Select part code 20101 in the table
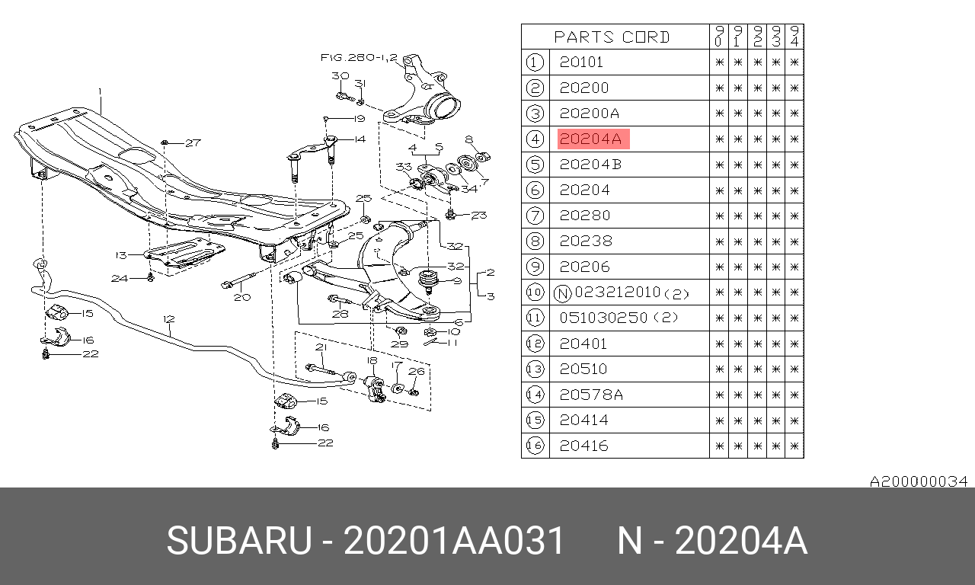(581, 62)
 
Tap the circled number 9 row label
(535, 267)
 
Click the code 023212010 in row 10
(618, 292)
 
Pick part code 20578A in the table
(591, 395)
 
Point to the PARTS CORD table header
(612, 37)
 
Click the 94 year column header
(794, 36)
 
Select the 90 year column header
(718, 36)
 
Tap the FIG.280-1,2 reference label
(359, 57)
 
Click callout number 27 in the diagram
(193, 142)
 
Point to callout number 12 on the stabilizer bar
(169, 319)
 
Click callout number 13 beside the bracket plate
(121, 255)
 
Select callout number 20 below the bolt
(242, 297)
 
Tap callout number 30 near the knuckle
(340, 75)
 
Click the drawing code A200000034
(919, 481)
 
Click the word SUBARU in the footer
(239, 541)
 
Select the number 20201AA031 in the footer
(454, 541)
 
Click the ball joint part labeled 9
(428, 281)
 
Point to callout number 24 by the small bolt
(120, 278)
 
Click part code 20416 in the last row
(583, 446)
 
